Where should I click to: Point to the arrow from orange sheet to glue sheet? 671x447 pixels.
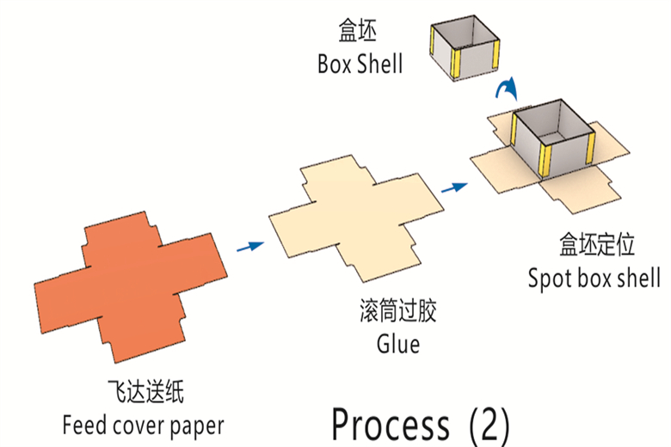250,247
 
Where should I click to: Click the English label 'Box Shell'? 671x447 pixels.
360,64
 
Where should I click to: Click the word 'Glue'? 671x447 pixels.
398,344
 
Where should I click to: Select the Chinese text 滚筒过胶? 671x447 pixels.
398,311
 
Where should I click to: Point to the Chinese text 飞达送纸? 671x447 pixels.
145,393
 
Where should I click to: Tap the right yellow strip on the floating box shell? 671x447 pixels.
495,58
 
